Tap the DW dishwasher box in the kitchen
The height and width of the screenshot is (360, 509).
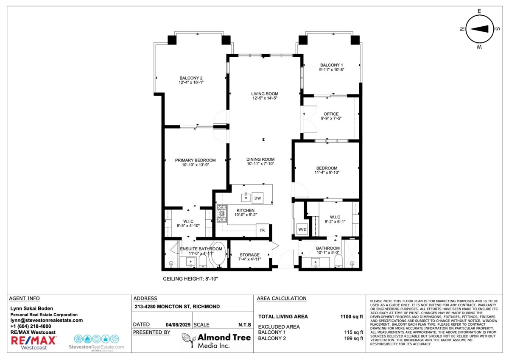click(x=257, y=198)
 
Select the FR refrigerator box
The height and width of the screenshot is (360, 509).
click(x=263, y=230)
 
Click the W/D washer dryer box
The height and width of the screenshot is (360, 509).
click(x=302, y=229)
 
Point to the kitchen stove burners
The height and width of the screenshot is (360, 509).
click(x=222, y=214)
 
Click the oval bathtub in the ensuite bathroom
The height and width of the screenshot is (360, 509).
click(x=218, y=254)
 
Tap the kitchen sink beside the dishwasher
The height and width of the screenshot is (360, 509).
click(x=246, y=197)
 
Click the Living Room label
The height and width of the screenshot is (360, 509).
click(x=264, y=94)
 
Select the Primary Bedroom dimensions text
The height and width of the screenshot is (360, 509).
click(x=195, y=165)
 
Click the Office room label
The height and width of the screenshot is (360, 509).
click(x=331, y=114)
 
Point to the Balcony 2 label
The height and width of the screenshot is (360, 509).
click(x=191, y=78)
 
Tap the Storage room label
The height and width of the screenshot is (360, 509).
click(x=249, y=254)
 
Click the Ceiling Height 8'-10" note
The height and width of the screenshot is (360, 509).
click(x=190, y=279)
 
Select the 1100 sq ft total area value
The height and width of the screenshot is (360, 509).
click(x=352, y=316)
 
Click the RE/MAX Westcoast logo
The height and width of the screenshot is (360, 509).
click(x=34, y=342)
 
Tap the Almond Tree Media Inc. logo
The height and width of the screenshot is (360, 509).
click(x=211, y=341)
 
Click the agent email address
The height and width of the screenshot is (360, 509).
click(x=47, y=321)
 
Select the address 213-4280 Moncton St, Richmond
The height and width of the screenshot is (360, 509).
click(x=176, y=307)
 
